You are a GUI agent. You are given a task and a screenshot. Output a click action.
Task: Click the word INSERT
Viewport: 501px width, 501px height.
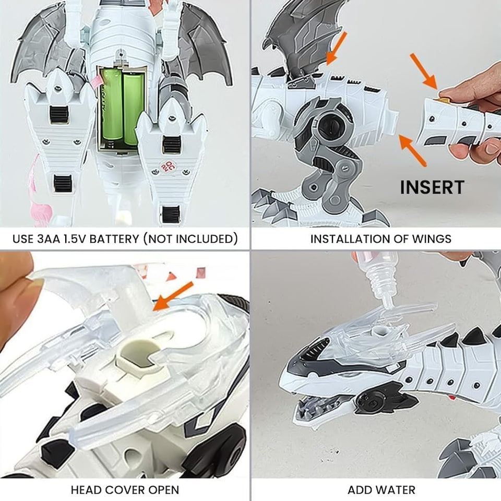click(x=432, y=187)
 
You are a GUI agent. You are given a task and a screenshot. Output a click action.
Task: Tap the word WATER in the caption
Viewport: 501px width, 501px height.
click(x=396, y=490)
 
